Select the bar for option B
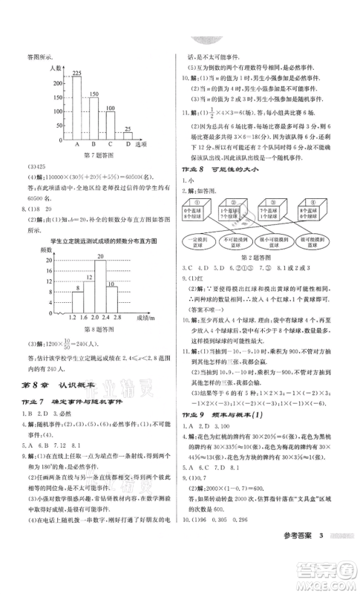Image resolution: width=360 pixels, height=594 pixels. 94,119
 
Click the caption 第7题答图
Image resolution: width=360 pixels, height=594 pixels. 99,155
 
